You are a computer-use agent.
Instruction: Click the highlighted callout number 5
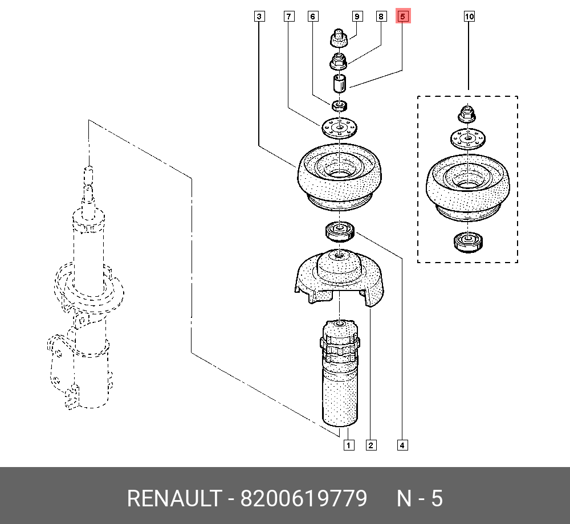point(402,17)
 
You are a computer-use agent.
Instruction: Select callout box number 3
point(259,17)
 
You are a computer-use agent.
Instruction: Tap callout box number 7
point(289,17)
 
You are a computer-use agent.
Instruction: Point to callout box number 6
point(312,17)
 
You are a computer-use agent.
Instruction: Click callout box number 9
point(357,17)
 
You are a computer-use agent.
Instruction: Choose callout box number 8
point(381,17)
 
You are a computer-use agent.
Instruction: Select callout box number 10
point(469,17)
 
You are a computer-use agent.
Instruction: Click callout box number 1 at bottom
point(348,445)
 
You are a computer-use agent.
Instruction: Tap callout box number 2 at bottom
point(371,445)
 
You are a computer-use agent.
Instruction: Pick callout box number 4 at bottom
point(402,445)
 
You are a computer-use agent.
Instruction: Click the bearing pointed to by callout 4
point(340,231)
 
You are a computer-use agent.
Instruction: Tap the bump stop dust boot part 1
point(340,376)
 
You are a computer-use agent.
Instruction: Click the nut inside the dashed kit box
point(466,114)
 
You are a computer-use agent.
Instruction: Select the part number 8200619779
point(303,499)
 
